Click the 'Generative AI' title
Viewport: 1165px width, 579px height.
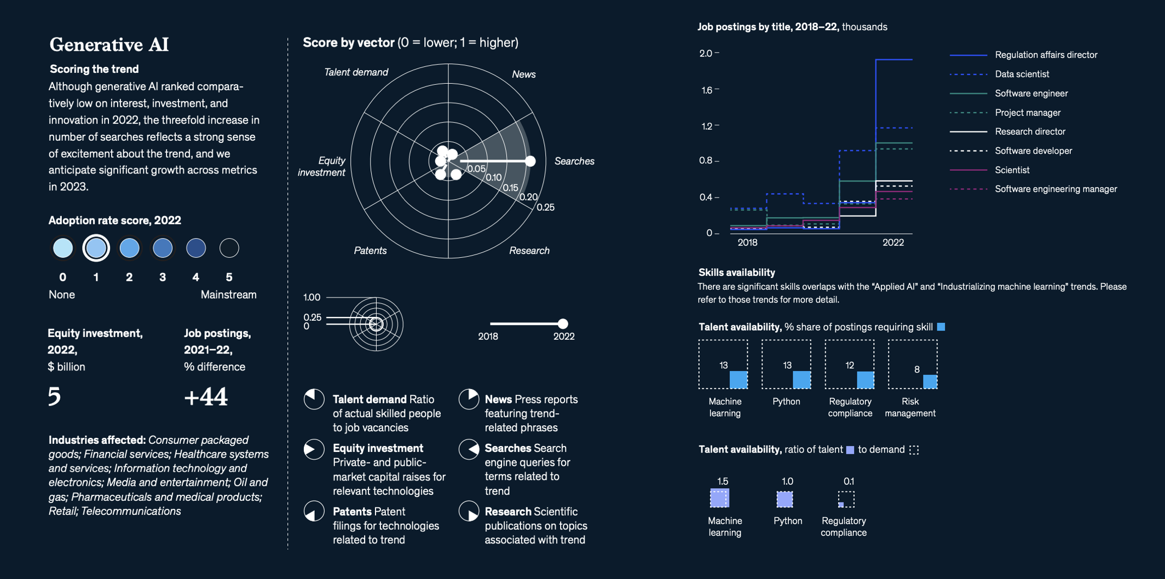[109, 44]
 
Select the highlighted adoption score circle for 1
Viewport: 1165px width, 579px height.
[96, 248]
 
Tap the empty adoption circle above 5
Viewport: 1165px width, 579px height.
[229, 248]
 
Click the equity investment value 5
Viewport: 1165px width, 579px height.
[54, 396]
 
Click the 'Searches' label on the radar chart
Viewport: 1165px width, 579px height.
[574, 161]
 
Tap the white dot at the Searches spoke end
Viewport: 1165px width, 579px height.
[530, 161]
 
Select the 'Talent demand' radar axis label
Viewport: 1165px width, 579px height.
[356, 72]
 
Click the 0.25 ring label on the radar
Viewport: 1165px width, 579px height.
[545, 207]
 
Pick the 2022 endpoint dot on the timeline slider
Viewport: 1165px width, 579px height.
[563, 323]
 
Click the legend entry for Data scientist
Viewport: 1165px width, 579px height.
[1022, 74]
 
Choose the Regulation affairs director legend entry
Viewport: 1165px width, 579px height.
[1046, 55]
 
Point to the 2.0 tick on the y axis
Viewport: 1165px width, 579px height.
[706, 53]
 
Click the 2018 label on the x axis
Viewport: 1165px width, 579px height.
[747, 242]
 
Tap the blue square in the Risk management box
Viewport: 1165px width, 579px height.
[930, 381]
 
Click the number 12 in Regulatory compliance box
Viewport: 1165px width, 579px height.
[850, 365]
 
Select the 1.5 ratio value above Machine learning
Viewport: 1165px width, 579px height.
[723, 482]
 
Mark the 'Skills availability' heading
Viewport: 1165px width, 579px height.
[736, 273]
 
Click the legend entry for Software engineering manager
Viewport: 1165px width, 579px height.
[1056, 189]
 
